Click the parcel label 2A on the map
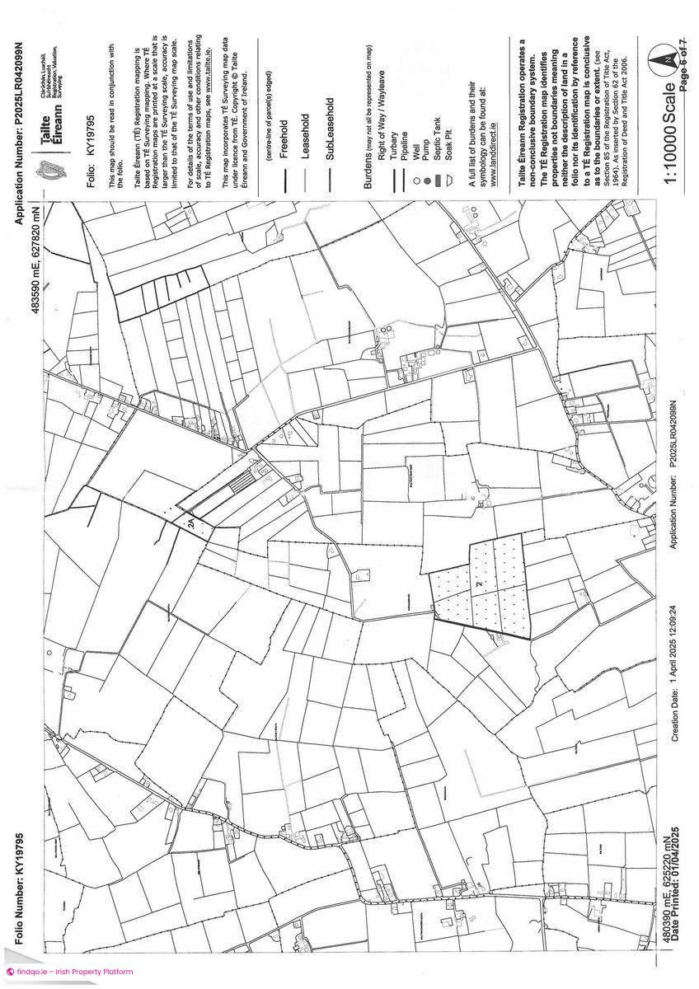point(191,523)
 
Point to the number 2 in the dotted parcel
point(478,584)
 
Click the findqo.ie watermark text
point(69,973)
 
